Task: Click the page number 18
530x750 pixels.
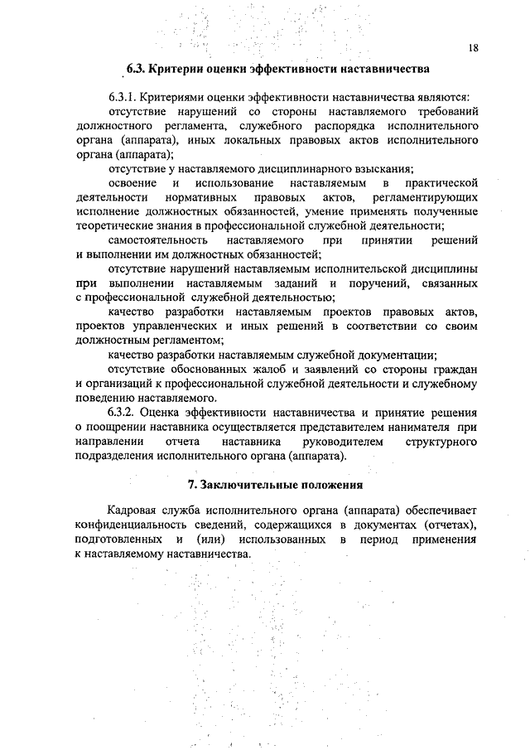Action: coord(472,48)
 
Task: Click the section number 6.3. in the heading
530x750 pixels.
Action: coord(137,68)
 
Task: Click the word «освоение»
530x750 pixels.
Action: coord(132,181)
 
